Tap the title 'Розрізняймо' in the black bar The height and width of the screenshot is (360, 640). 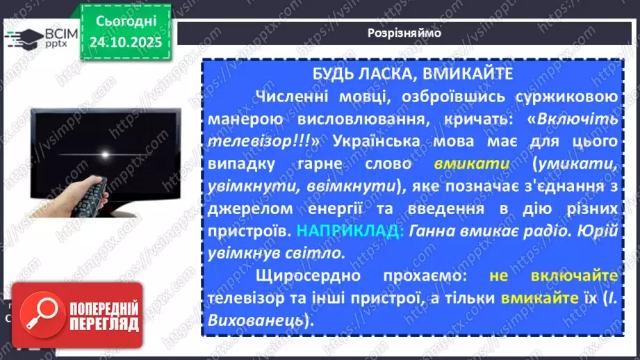(404, 33)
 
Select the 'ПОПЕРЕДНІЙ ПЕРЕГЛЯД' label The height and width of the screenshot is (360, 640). (103, 317)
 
